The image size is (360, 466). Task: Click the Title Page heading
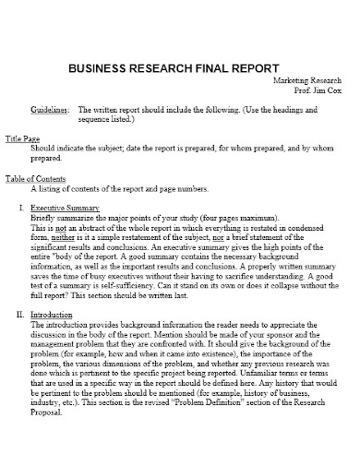click(x=24, y=137)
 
